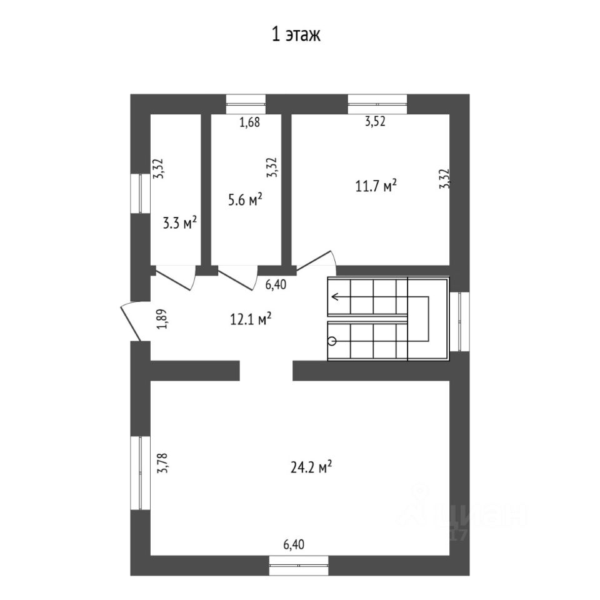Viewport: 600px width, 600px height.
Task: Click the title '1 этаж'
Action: coord(295,36)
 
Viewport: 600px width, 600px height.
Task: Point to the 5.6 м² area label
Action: coord(245,199)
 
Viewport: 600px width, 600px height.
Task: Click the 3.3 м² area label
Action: coord(180,222)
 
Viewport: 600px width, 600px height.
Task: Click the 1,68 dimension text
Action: coord(249,122)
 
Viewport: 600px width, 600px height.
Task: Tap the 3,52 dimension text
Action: coord(375,122)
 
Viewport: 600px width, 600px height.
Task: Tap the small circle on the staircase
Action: coord(332,341)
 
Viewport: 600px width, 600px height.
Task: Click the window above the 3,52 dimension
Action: coord(377,104)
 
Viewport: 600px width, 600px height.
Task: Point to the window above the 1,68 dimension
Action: coord(246,104)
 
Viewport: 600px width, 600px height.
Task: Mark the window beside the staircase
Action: coord(459,321)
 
